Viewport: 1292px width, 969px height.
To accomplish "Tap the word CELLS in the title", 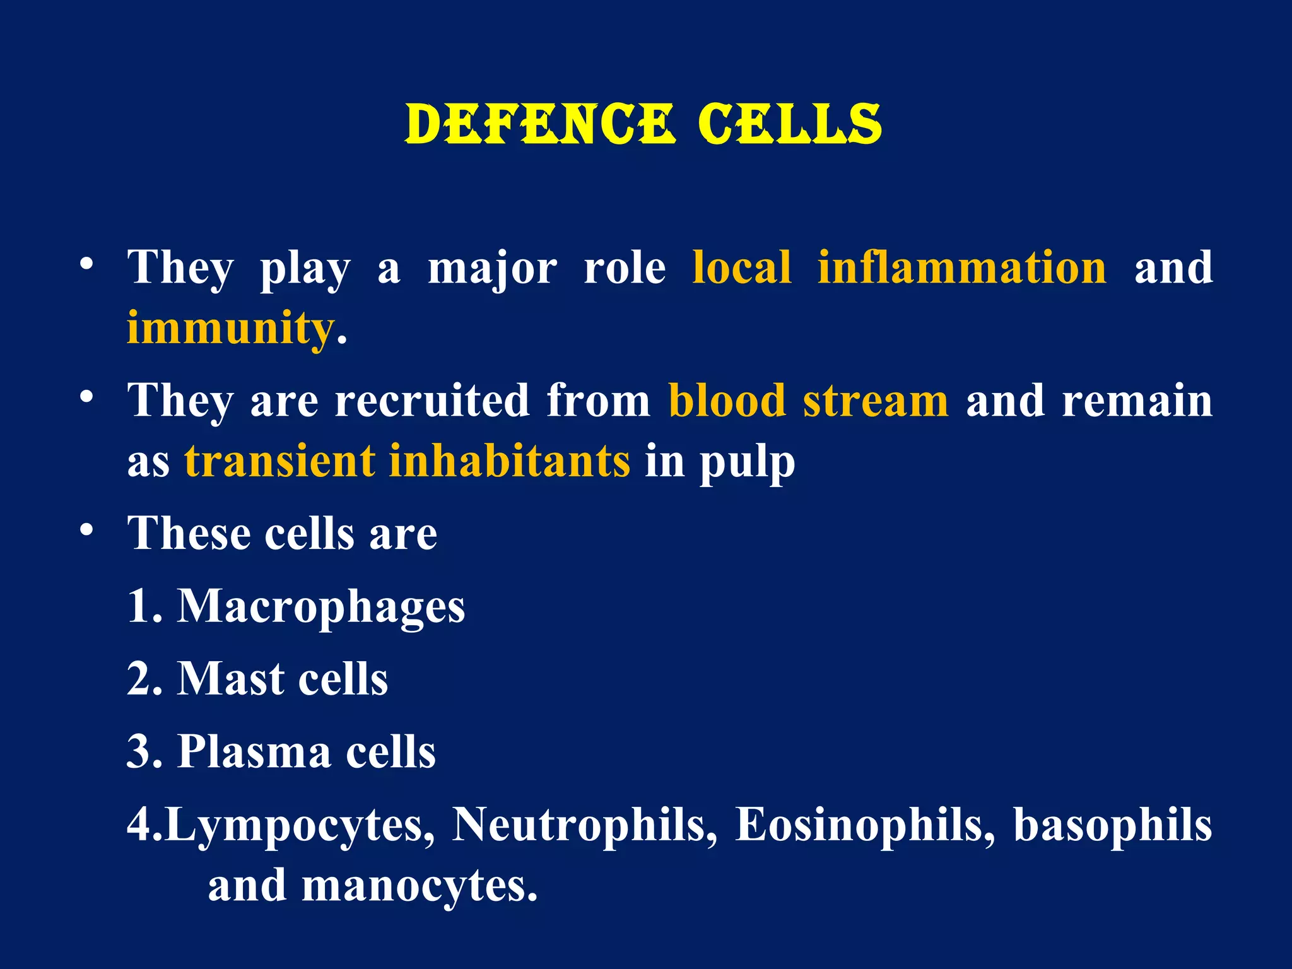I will point(789,124).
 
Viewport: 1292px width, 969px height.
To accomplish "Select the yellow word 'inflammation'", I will point(962,267).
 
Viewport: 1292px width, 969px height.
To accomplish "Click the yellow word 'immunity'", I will point(230,329).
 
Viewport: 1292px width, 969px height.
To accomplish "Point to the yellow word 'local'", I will point(742,267).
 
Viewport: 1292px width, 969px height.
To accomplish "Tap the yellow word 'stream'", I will point(876,401).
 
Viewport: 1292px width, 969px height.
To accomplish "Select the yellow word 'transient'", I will point(279,461).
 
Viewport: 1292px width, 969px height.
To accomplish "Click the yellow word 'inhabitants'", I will point(509,461).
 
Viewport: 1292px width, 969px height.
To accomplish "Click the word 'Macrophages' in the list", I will point(321,607).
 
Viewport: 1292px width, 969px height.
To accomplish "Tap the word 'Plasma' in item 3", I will point(254,751).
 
